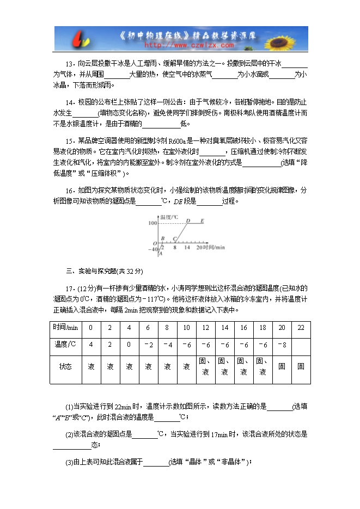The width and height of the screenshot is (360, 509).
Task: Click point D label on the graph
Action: point(188,220)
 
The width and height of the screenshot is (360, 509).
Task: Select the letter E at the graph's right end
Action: point(202,220)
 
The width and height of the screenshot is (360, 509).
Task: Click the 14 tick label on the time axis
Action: point(187,247)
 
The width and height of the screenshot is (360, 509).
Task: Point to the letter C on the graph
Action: point(174,238)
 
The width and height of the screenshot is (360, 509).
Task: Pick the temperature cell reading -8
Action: point(282,345)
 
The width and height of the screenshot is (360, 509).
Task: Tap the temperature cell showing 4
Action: point(91,345)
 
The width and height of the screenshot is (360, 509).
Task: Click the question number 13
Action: point(69,63)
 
